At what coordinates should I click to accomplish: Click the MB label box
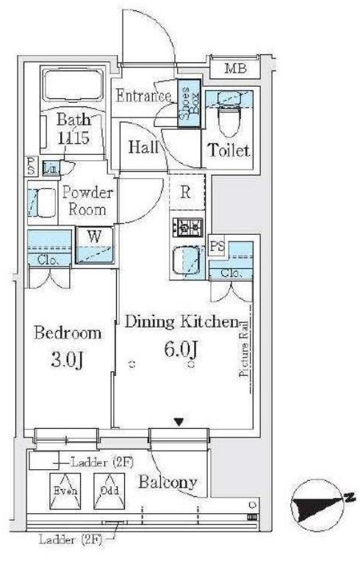tap(234, 68)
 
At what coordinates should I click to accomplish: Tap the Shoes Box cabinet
tap(189, 104)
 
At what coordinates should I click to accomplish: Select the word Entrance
tap(143, 95)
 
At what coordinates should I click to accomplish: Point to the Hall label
tap(143, 147)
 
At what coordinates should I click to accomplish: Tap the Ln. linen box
tap(51, 168)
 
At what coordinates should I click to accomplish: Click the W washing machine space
tap(95, 245)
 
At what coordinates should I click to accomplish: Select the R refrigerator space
tap(186, 192)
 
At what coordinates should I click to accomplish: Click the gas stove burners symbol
tap(187, 228)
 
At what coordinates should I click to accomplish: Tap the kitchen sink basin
tap(187, 261)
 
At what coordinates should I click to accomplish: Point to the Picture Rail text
tap(244, 349)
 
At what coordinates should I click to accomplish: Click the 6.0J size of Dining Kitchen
tap(181, 349)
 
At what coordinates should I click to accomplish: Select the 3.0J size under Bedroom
tap(67, 360)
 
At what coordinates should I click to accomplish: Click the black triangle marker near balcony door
tap(178, 421)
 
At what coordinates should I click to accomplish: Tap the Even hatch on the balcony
tap(65, 491)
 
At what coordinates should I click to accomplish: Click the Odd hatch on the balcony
tap(109, 491)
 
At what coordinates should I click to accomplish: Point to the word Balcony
tap(168, 482)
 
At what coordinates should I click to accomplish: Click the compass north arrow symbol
tap(318, 506)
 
